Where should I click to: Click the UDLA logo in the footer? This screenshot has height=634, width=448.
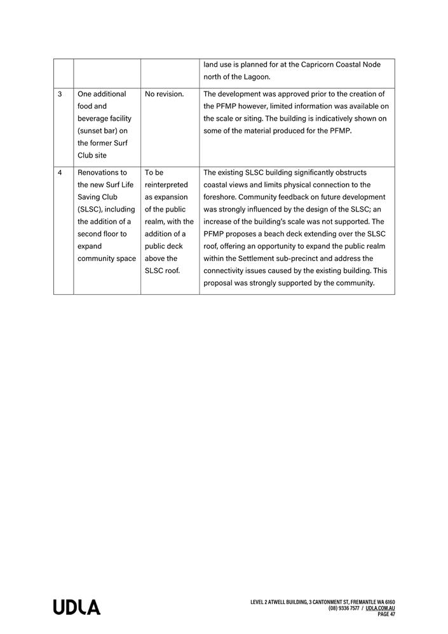[x=76, y=607]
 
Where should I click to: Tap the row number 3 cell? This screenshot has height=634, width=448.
[x=60, y=94]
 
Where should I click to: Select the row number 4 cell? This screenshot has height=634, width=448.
[x=60, y=173]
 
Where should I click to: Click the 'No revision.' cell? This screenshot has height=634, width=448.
[x=164, y=94]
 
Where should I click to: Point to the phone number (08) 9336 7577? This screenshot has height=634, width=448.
[x=344, y=608]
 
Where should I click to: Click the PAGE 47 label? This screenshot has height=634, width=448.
[x=386, y=614]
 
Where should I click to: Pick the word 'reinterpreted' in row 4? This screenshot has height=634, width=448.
[x=166, y=185]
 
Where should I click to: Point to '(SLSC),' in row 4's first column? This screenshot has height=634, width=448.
[x=92, y=210]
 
